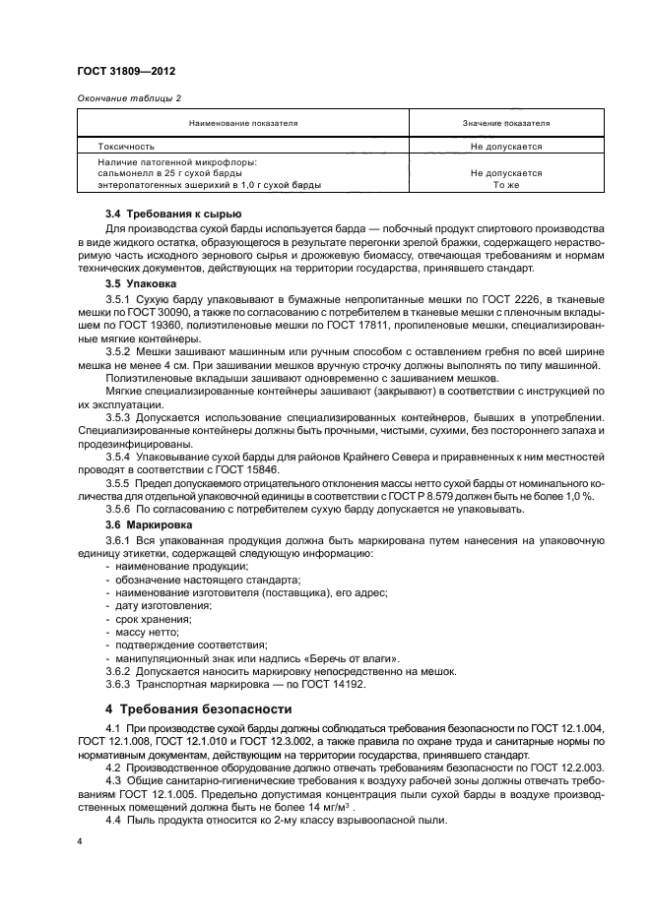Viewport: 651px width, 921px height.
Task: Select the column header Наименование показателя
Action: click(x=245, y=123)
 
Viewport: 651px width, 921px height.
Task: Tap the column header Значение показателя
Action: click(x=506, y=123)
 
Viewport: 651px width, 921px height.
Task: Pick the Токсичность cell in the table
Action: click(x=132, y=145)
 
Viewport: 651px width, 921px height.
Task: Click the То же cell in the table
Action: click(x=506, y=184)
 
